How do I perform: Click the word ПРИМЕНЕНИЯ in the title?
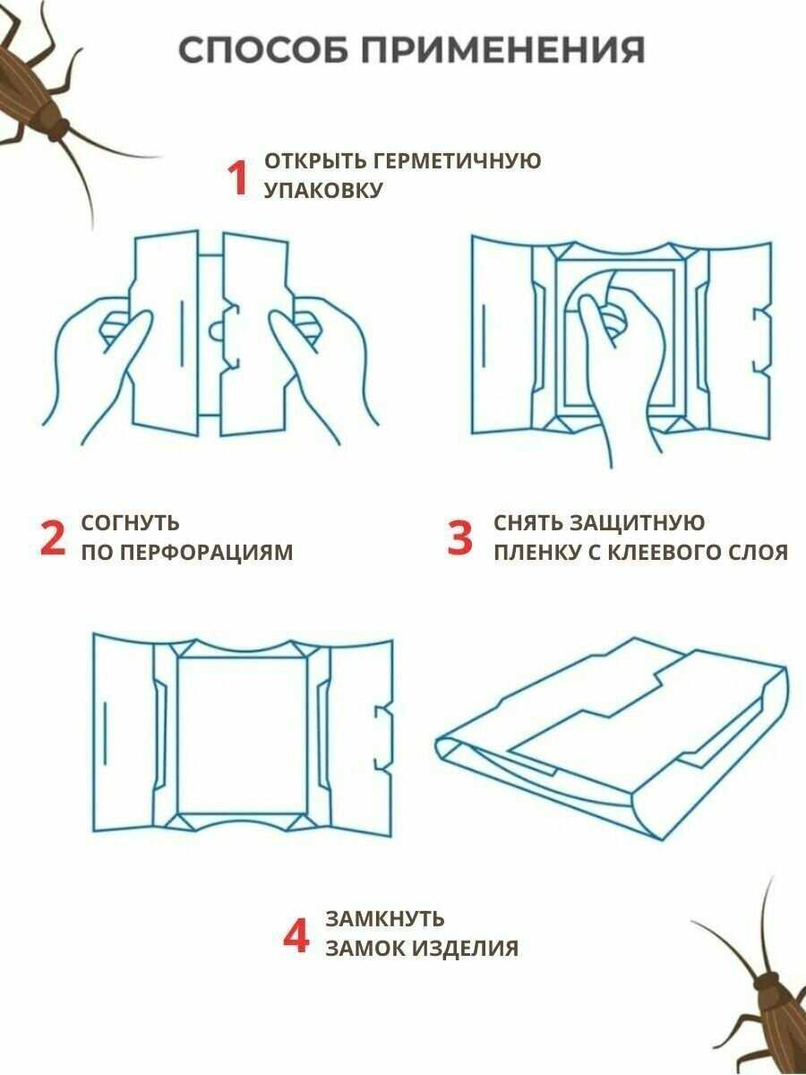(503, 49)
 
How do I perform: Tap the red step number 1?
(238, 179)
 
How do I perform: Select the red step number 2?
(52, 538)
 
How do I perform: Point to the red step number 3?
(460, 538)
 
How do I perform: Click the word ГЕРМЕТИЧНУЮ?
(457, 161)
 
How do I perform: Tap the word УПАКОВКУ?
(323, 191)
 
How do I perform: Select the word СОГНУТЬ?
(130, 523)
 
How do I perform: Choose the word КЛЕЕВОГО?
(664, 553)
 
